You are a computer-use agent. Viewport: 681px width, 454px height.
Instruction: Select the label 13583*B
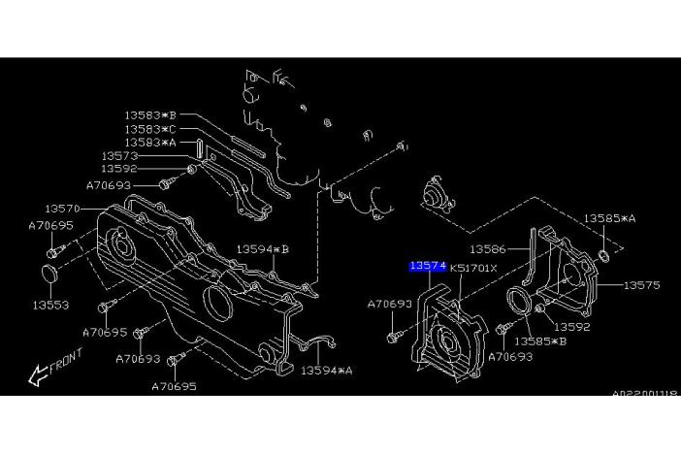(150, 115)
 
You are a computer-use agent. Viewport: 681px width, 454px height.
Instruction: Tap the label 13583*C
(150, 129)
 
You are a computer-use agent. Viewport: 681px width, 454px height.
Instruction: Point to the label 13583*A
(150, 143)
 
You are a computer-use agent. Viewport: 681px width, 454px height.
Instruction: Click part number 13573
(120, 155)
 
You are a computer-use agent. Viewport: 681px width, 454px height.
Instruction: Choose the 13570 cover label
(62, 208)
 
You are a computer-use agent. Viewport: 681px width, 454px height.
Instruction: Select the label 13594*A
(326, 370)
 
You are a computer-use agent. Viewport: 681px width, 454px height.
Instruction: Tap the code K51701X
(472, 268)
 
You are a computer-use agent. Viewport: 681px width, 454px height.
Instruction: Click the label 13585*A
(609, 219)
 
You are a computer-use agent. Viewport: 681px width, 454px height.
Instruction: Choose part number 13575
(641, 285)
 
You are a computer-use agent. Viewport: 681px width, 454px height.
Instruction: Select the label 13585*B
(541, 341)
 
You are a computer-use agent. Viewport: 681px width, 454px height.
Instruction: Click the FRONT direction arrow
(53, 368)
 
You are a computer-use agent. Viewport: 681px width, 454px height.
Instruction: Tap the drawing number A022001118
(644, 393)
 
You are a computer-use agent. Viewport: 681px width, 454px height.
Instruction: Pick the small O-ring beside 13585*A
(603, 257)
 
